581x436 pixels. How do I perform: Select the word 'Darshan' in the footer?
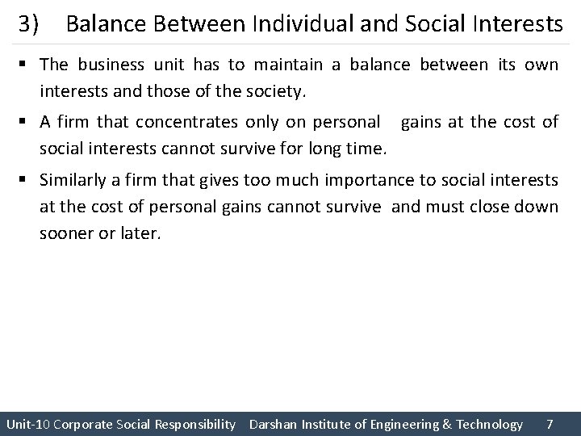274,424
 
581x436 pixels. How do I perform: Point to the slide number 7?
550,424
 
